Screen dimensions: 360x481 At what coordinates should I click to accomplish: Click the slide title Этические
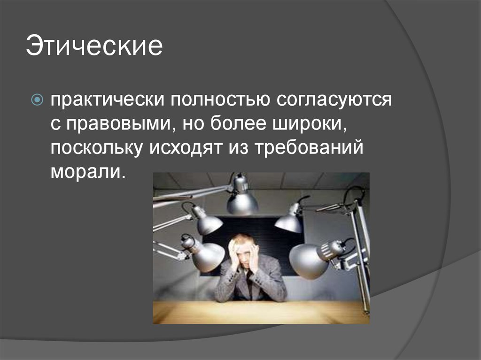point(94,47)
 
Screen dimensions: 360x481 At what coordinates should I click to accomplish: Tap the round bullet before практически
point(38,100)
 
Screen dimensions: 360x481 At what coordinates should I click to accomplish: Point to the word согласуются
point(334,100)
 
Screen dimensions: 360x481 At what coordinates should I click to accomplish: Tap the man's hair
point(243,238)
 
